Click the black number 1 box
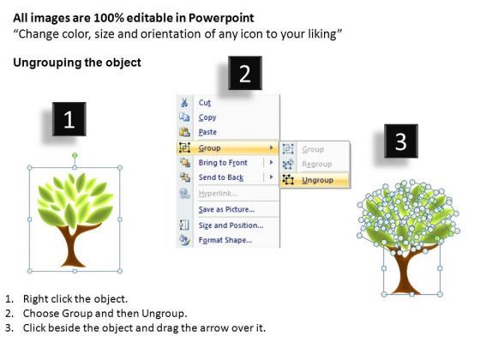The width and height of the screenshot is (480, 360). [69, 119]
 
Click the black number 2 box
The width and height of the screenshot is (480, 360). [245, 73]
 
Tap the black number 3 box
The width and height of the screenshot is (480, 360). [401, 141]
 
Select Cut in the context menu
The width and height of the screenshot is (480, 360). [205, 103]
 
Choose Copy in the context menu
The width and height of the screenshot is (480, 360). [207, 117]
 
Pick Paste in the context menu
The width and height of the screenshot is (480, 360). [207, 132]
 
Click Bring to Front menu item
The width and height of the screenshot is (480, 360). [223, 163]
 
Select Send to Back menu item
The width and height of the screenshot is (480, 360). [221, 177]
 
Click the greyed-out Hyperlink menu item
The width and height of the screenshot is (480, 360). [218, 194]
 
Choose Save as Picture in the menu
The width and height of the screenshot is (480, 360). [226, 209]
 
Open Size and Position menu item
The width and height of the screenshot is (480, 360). [231, 225]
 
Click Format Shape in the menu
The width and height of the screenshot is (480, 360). [225, 240]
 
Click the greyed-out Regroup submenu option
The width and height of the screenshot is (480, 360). [317, 164]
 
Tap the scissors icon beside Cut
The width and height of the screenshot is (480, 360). [184, 103]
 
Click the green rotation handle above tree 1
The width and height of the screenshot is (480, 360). [75, 155]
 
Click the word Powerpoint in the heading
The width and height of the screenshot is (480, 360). [221, 18]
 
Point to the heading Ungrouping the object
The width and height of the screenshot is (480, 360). [77, 63]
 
